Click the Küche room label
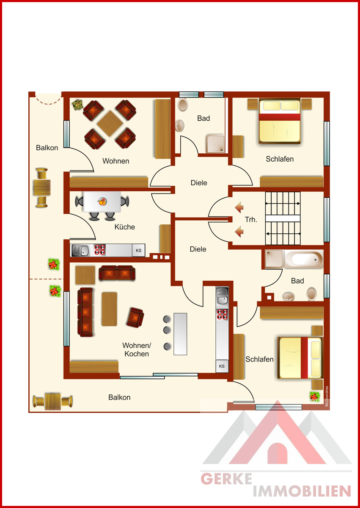[125, 227]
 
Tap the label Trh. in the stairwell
[251, 220]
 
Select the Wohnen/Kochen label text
[137, 350]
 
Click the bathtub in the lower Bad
[304, 259]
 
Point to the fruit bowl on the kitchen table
[102, 201]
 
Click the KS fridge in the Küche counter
[138, 250]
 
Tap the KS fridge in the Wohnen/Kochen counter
[222, 366]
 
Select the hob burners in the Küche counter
[100, 250]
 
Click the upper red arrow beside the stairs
[239, 207]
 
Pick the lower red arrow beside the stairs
[239, 232]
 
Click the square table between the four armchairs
[110, 124]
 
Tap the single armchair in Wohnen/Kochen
[135, 317]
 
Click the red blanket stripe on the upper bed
[280, 117]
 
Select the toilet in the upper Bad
[182, 104]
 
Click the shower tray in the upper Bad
[215, 144]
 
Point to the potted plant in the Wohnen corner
[77, 105]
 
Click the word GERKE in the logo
[226, 479]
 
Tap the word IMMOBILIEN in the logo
[302, 491]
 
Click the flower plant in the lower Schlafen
[314, 396]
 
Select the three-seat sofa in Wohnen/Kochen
[85, 312]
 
